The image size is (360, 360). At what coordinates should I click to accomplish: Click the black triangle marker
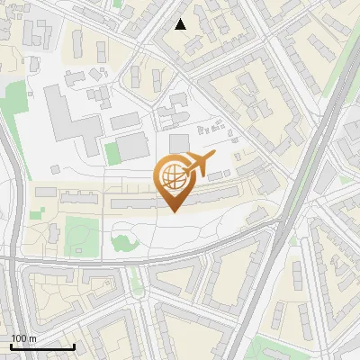(181, 24)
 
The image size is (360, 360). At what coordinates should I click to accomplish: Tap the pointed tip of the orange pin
(173, 211)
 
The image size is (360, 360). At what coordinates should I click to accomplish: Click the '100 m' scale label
(24, 338)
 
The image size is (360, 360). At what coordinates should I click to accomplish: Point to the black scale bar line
(42, 346)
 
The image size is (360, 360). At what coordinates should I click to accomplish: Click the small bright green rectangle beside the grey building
(112, 153)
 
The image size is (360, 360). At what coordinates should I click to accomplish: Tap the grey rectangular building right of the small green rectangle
(133, 147)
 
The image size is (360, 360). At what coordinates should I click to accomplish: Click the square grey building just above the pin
(179, 143)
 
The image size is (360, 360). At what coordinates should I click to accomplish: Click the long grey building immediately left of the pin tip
(139, 205)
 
